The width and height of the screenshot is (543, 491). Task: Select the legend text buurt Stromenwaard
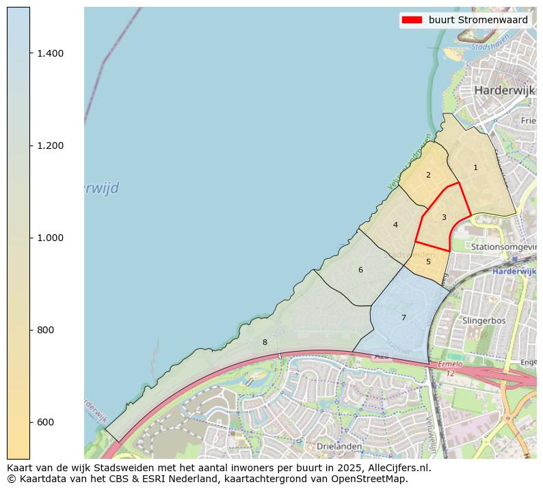point(478,20)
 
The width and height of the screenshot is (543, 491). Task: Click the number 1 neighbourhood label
point(475,167)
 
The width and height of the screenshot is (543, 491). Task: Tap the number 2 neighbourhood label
point(428,175)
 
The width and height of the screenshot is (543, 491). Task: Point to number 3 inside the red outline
point(444,217)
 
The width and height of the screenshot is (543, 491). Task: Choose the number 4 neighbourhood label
point(395,225)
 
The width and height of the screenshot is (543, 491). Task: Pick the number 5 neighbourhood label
point(428,261)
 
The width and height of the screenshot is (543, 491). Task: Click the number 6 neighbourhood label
point(360,270)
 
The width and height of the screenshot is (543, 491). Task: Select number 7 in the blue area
point(403,318)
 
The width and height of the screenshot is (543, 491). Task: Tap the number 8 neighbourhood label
point(265,342)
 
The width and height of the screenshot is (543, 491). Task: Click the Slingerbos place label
point(484,320)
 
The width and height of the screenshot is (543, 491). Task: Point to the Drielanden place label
point(339,446)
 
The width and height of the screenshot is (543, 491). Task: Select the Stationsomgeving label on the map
point(503,246)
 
